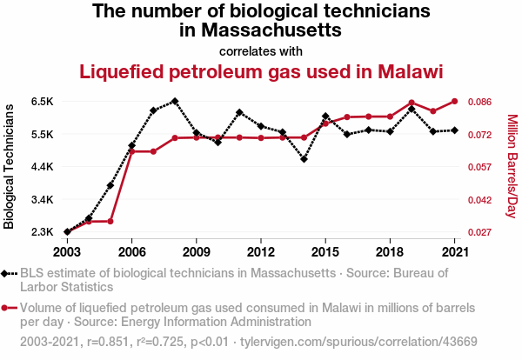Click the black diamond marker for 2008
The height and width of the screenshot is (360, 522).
[175, 101]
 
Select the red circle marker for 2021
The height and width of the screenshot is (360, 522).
[454, 101]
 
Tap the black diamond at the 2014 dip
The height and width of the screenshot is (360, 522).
[304, 159]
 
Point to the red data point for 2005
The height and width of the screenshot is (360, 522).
[110, 221]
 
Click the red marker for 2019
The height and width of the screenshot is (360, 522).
[412, 103]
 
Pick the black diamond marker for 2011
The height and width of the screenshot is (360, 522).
[239, 112]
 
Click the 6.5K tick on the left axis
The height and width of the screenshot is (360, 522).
[41, 102]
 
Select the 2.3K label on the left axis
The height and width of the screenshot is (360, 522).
[41, 232]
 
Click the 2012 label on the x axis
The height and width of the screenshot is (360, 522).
[261, 252]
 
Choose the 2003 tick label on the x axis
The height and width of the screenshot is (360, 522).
[67, 252]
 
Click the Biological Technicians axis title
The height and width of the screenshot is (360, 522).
[10, 167]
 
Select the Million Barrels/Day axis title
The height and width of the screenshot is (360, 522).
[512, 167]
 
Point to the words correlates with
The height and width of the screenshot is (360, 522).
[261, 50]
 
